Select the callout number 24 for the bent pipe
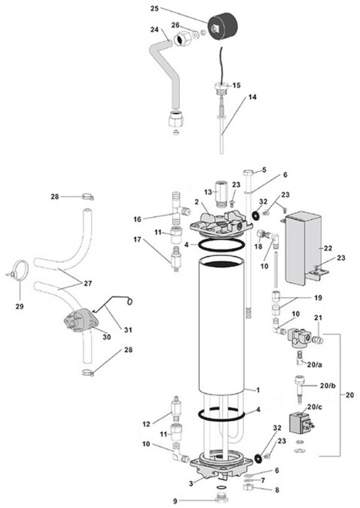(x=154, y=29)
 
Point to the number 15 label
(x=236, y=85)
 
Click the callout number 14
(x=252, y=97)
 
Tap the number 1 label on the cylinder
(x=258, y=390)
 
